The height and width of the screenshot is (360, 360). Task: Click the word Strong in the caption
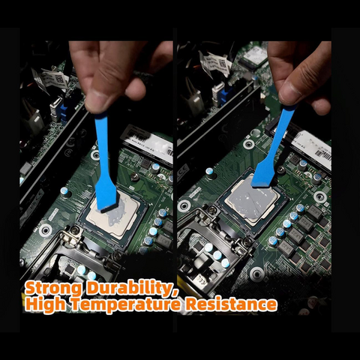click(54, 288)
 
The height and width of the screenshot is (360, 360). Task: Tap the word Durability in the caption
click(132, 288)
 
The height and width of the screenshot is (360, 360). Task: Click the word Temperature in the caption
click(126, 304)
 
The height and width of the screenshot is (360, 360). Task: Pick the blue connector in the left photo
click(64, 112)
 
